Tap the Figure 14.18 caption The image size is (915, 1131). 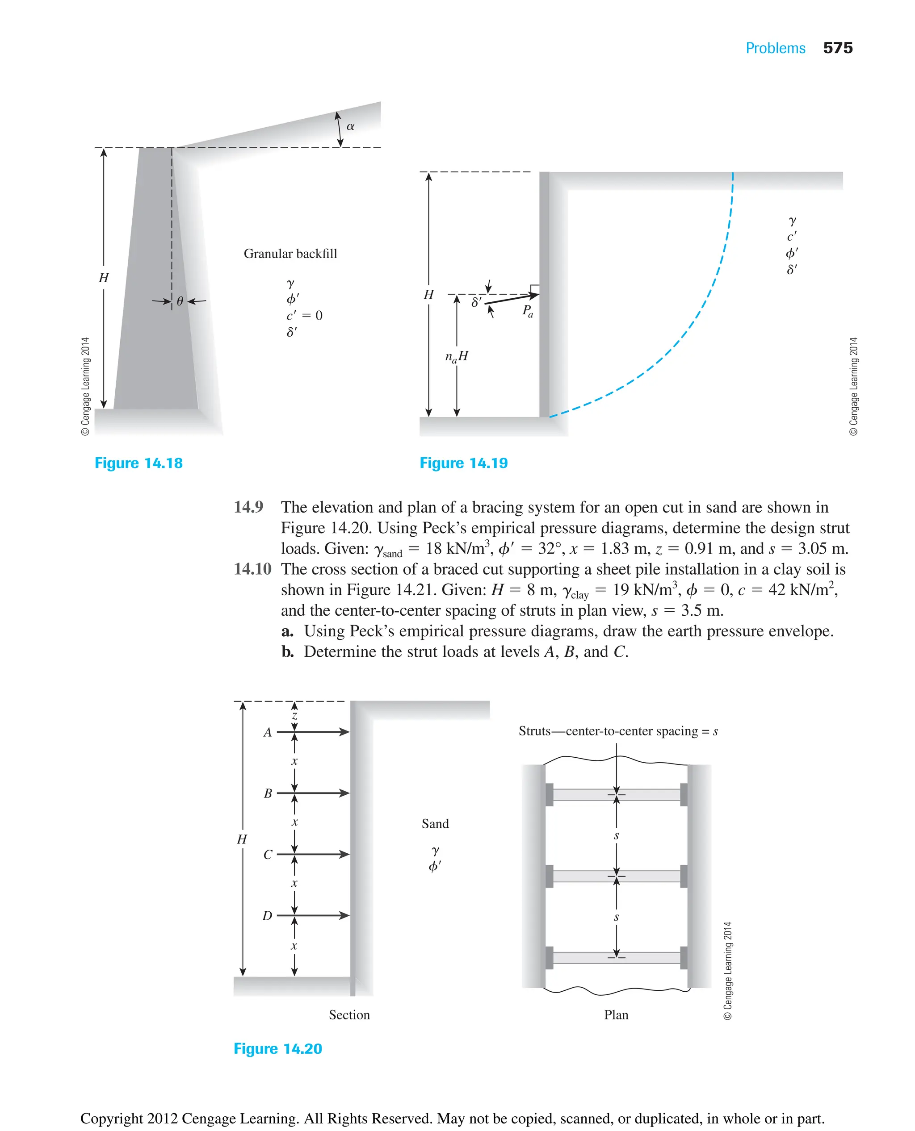tap(139, 463)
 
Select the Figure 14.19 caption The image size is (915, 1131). tap(463, 463)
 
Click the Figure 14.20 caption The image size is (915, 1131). tap(278, 1048)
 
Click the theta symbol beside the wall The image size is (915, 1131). tap(180, 301)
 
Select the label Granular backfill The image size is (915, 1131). tap(290, 254)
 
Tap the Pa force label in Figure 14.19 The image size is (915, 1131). tap(528, 311)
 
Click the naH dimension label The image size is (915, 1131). tap(457, 357)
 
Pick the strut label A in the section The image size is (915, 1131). tap(268, 732)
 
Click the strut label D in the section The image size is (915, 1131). tap(267, 915)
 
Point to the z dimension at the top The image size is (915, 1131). tap(294, 716)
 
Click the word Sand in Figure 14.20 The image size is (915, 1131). tap(435, 824)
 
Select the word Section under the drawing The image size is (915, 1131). tap(349, 1014)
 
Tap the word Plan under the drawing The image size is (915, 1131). tap(616, 1014)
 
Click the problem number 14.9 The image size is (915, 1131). tap(248, 507)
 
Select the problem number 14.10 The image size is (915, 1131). tap(252, 569)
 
